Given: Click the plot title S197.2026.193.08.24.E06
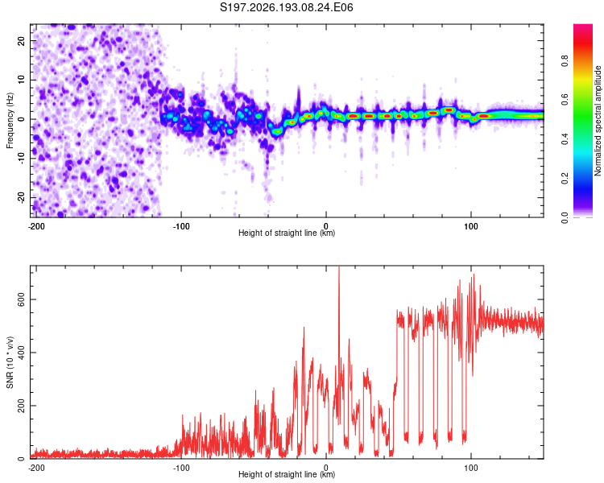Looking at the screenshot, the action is [x=286, y=7].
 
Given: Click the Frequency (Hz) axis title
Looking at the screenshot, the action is [x=10, y=121].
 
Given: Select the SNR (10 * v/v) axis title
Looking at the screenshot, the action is [x=10, y=362].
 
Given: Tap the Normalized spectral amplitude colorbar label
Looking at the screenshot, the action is [x=598, y=121].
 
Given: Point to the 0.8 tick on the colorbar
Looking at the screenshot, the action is [x=565, y=61].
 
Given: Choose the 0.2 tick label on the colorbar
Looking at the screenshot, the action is [x=565, y=179].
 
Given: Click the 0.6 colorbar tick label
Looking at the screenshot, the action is [x=565, y=100].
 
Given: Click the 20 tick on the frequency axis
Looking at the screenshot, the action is [x=22, y=40].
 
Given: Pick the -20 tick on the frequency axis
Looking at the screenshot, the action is [x=22, y=198].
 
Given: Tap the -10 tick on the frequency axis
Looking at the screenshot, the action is [x=22, y=159].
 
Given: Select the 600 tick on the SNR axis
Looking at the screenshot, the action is [x=22, y=299].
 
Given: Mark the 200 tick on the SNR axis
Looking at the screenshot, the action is [x=22, y=406].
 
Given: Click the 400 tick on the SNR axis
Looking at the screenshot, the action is [x=22, y=353].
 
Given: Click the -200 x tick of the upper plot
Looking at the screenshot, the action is [x=36, y=226].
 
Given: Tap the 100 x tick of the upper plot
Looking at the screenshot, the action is [x=471, y=226].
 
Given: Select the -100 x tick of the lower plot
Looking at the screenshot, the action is [x=181, y=468].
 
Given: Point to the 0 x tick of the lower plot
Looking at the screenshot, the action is [x=326, y=468].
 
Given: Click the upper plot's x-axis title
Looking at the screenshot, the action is [x=287, y=233].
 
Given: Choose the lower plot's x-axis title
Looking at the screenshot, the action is [x=287, y=474].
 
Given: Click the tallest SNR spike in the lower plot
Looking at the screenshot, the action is [x=339, y=267].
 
